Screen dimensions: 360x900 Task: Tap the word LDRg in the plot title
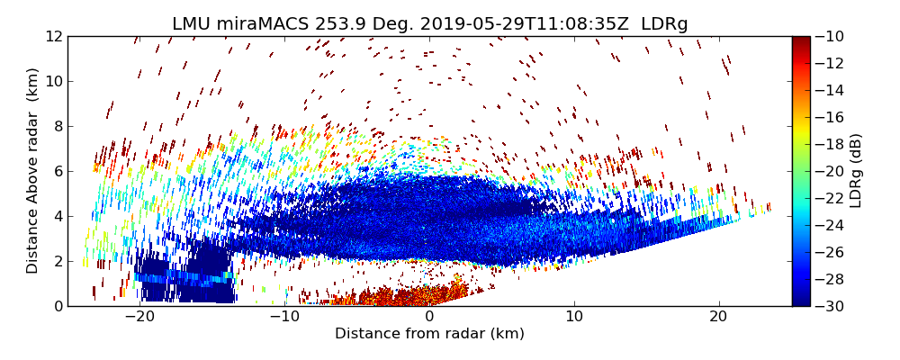point(664,24)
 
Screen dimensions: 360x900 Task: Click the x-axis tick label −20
point(139,318)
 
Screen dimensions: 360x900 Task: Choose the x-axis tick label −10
point(284,318)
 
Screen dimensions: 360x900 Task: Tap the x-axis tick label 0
point(429,318)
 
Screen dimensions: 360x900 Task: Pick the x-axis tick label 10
point(574,318)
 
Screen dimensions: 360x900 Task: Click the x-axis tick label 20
point(718,318)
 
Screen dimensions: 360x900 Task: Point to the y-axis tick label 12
point(52,36)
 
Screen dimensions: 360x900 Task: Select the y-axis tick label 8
point(56,126)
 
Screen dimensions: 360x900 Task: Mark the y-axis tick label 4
point(56,216)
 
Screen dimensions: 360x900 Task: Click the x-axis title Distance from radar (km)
point(429,334)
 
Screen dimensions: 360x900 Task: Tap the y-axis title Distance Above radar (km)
point(33,171)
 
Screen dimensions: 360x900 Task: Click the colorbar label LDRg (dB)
point(855,171)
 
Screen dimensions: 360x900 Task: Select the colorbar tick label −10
point(833,36)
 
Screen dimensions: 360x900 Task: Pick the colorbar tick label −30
point(833,306)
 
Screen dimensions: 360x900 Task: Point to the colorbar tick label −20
point(833,171)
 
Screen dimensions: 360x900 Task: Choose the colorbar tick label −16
point(833,117)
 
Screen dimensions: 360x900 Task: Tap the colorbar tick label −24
point(833,225)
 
